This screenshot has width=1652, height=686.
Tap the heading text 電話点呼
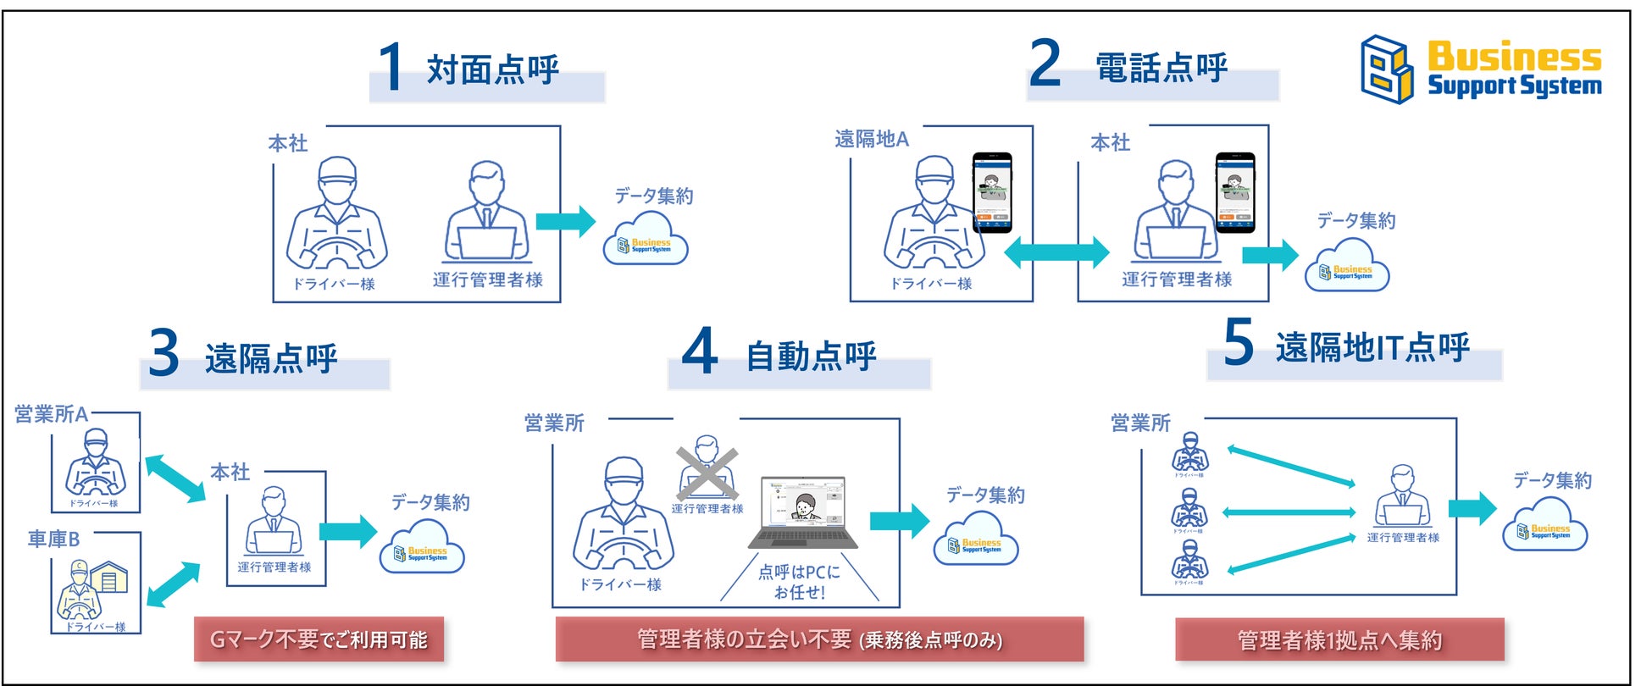(x=1161, y=68)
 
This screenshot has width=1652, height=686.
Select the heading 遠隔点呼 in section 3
(x=271, y=358)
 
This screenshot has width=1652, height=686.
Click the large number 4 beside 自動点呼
(x=700, y=352)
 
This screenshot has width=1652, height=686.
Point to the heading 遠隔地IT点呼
(x=1372, y=347)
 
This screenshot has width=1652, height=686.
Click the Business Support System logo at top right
(x=1480, y=69)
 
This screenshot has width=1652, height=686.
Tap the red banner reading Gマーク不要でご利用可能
(x=319, y=639)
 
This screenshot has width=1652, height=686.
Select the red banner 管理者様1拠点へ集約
(x=1339, y=639)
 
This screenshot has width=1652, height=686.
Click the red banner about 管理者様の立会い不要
(x=819, y=639)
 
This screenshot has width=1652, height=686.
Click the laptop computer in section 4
(x=803, y=512)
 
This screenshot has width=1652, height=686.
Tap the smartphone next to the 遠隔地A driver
(x=992, y=192)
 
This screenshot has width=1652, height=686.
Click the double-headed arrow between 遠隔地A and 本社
(x=1056, y=252)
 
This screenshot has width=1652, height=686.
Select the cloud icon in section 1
(x=646, y=241)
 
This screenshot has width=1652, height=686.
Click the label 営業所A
(x=51, y=414)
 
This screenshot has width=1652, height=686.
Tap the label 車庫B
(x=53, y=539)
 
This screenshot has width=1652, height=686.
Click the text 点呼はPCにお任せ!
(x=799, y=582)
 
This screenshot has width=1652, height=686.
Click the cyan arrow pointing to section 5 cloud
(x=1472, y=508)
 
